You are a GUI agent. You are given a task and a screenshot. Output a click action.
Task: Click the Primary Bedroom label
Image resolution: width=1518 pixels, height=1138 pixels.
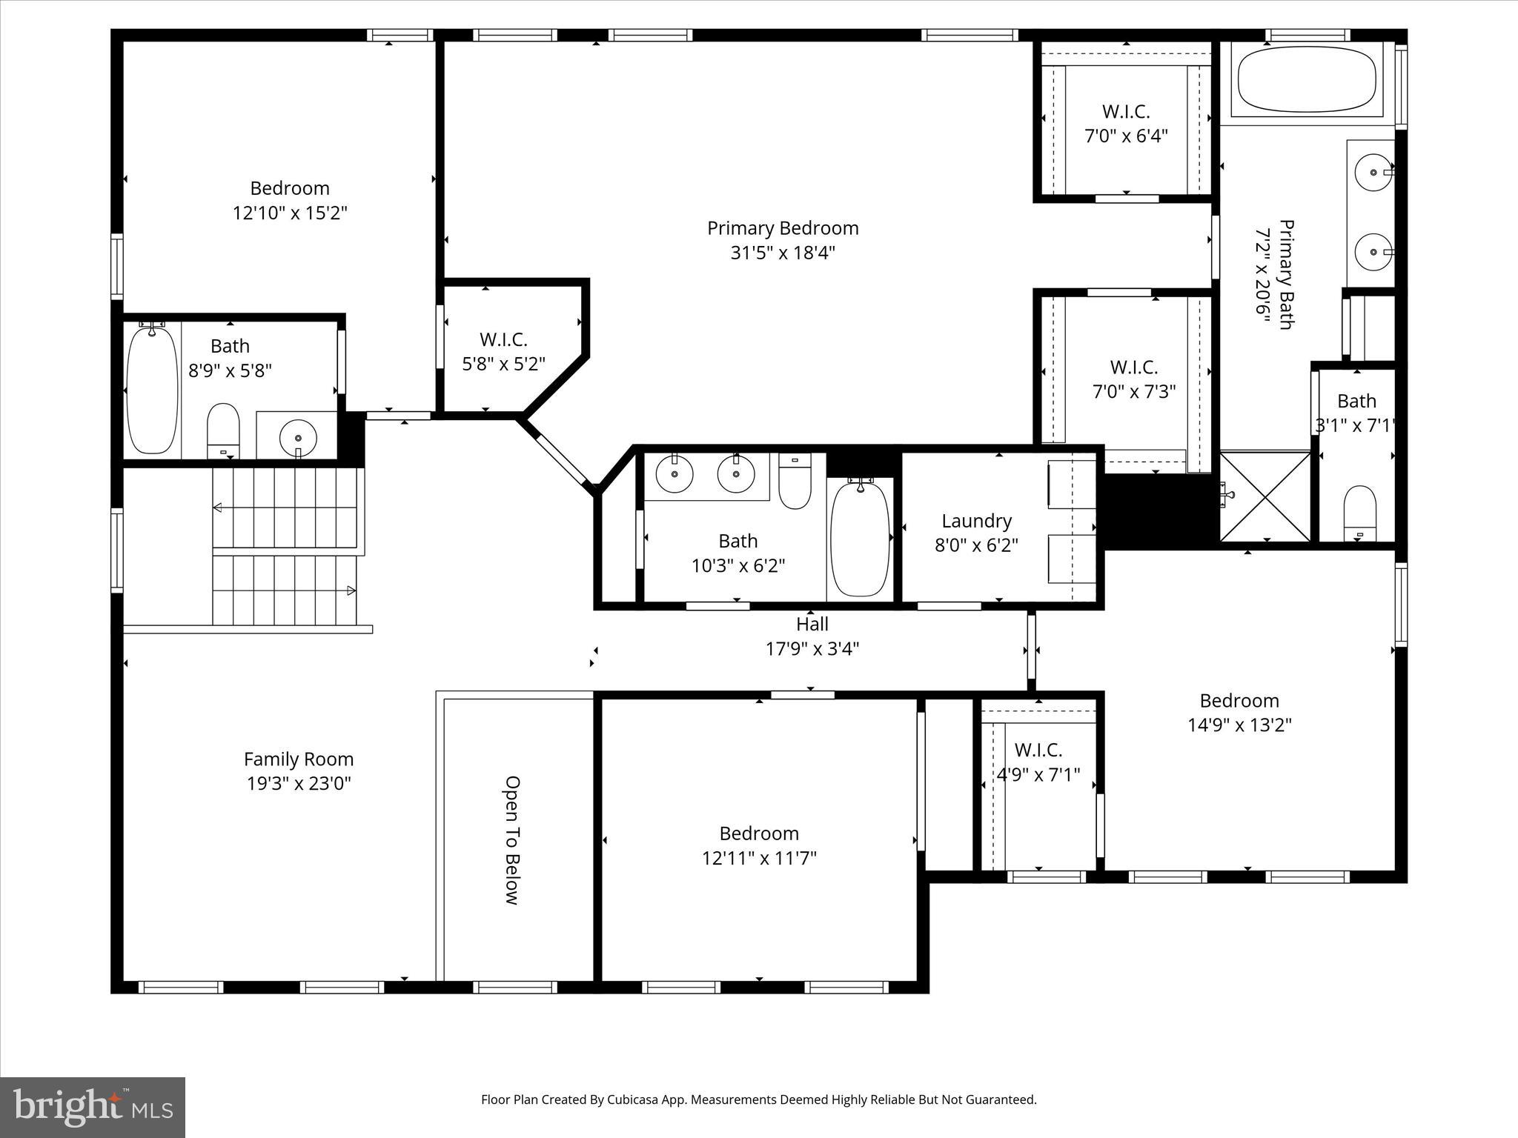click(x=782, y=228)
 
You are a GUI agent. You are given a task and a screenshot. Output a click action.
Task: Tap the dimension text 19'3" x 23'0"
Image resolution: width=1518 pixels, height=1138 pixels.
click(x=299, y=784)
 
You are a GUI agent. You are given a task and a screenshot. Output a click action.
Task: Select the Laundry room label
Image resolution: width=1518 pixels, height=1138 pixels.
click(x=976, y=521)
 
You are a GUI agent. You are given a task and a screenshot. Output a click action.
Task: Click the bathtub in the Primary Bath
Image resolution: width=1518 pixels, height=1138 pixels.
click(x=1306, y=79)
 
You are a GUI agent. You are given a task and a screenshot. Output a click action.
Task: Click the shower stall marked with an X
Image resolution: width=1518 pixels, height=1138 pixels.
click(x=1265, y=496)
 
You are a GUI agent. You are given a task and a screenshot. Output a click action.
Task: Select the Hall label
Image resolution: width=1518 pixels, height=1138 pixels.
click(x=812, y=625)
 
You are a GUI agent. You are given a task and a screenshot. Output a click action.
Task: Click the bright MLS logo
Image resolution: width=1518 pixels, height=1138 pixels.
click(x=93, y=1107)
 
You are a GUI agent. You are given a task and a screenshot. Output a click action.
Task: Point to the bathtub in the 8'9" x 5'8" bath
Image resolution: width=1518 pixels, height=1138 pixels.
click(x=152, y=390)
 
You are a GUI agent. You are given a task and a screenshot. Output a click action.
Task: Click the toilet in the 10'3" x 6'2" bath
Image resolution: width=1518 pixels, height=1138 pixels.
click(x=795, y=482)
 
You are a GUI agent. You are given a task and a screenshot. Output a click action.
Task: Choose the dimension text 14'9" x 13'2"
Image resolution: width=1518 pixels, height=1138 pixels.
click(x=1239, y=725)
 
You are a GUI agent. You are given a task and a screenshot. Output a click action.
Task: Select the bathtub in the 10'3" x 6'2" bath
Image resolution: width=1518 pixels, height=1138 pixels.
click(x=860, y=539)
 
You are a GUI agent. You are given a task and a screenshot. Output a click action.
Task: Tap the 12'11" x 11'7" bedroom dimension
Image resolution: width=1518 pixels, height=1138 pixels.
click(x=759, y=858)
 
